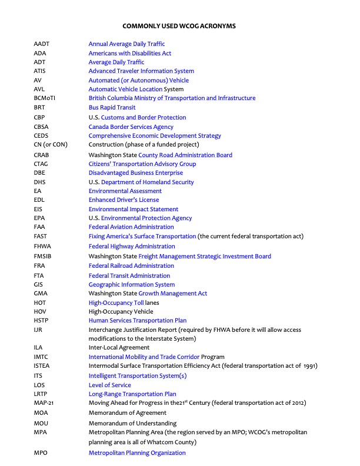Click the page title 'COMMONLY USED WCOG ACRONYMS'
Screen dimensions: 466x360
pyautogui.click(x=179, y=26)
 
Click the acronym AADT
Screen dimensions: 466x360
pyautogui.click(x=42, y=44)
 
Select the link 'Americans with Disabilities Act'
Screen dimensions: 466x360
pyautogui.click(x=130, y=53)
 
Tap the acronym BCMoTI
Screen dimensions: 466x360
pyautogui.click(x=45, y=98)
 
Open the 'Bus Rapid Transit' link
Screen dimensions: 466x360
pyautogui.click(x=112, y=108)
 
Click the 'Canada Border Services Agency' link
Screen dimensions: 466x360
pyautogui.click(x=131, y=127)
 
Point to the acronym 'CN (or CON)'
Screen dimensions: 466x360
pyautogui.click(x=51, y=144)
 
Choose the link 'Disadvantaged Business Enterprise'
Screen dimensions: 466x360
pyautogui.click(x=136, y=173)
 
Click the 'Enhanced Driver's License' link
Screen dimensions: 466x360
pyautogui.click(x=124, y=200)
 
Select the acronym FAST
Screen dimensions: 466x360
pyautogui.click(x=41, y=237)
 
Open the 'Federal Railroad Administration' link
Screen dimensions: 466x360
pyautogui.click(x=131, y=266)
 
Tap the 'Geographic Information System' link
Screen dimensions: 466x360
pyautogui.click(x=132, y=285)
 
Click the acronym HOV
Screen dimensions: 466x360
pyautogui.click(x=40, y=312)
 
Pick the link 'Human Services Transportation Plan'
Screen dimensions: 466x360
pyautogui.click(x=138, y=321)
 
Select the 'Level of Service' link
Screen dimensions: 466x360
pyautogui.click(x=110, y=385)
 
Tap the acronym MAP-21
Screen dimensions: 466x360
pyautogui.click(x=45, y=403)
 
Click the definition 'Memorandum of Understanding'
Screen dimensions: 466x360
pyautogui.click(x=132, y=423)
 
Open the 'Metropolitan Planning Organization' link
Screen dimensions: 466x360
pyautogui.click(x=137, y=453)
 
